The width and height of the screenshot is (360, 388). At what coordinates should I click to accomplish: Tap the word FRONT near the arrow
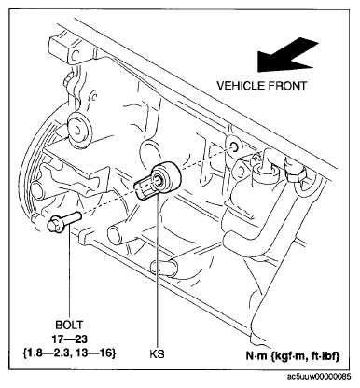tap(286, 86)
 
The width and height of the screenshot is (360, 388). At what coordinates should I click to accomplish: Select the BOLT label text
tap(69, 325)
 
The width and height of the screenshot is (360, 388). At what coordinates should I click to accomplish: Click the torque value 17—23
tap(69, 339)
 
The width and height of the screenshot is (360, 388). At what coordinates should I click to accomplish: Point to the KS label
tap(157, 354)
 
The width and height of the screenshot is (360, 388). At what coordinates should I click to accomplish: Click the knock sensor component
tap(158, 182)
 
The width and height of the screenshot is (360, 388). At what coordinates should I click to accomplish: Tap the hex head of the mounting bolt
tap(55, 225)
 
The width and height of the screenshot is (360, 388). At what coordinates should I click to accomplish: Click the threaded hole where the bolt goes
tap(233, 145)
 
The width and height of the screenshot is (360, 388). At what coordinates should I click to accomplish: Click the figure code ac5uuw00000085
tap(319, 377)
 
